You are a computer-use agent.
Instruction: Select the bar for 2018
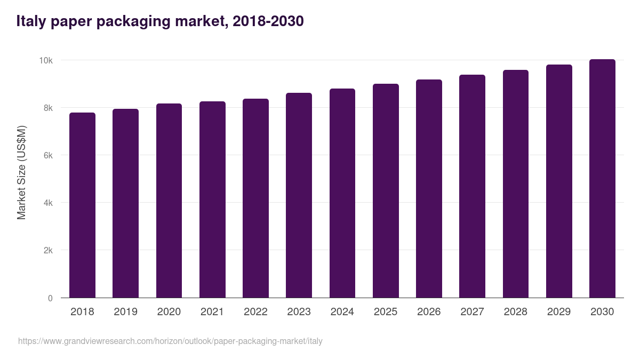[82, 205]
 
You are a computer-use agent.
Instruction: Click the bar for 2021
[212, 199]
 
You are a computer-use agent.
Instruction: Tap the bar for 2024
[342, 193]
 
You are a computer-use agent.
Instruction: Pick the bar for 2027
[472, 186]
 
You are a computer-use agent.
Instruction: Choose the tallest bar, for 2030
[602, 179]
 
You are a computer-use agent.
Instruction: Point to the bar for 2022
[255, 198]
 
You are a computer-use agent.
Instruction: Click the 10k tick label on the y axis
[45, 61]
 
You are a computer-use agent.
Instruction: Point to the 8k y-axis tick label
[48, 108]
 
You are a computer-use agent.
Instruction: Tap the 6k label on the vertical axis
[48, 156]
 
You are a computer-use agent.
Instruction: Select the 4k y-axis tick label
[48, 203]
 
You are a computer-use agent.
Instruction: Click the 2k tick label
[48, 251]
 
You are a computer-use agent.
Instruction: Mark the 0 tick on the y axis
[50, 298]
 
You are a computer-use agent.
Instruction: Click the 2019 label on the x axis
[125, 311]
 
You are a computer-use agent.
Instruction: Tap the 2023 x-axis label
[299, 311]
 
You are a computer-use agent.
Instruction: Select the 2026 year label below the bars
[429, 311]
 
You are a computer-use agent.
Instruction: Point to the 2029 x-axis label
[559, 311]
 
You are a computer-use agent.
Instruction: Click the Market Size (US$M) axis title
[21, 172]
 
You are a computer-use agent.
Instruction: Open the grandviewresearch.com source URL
[170, 341]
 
